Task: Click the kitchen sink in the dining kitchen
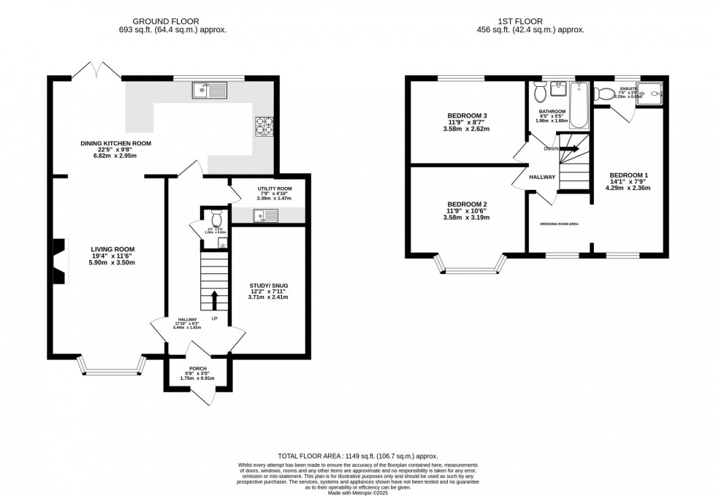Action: click(210, 91)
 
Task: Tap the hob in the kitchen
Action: click(263, 126)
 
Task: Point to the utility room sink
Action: click(265, 215)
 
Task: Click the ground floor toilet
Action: click(216, 218)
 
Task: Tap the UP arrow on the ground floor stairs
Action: click(215, 299)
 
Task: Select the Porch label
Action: click(198, 368)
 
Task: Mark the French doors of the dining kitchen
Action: click(96, 72)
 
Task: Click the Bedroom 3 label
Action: click(465, 115)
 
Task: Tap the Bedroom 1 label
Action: click(629, 175)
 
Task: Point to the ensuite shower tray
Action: click(650, 94)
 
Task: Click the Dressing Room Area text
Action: click(559, 224)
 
